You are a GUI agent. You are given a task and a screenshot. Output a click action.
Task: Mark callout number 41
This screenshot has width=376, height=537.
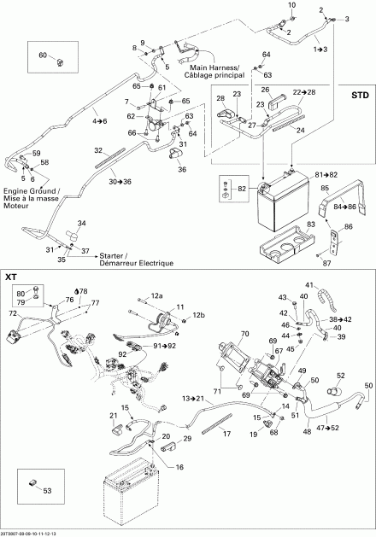[x=332, y=284]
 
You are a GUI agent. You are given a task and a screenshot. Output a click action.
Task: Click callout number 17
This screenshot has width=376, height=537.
[x=227, y=434]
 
